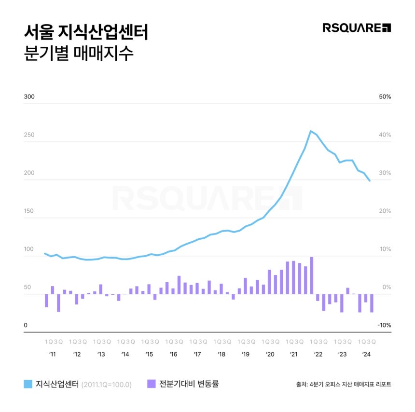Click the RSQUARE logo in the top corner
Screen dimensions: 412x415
[x=357, y=27]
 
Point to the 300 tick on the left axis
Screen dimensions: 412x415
[x=29, y=97]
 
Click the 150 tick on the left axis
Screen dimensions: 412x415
[x=29, y=211]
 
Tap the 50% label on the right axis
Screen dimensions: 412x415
[x=385, y=97]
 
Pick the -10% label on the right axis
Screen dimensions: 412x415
[x=384, y=326]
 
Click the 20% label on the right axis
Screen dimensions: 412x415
[x=385, y=211]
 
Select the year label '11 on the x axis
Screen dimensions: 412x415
[x=53, y=354]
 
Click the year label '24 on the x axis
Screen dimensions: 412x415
[x=366, y=354]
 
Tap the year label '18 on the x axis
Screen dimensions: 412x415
[x=221, y=354]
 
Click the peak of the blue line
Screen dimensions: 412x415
[x=311, y=131]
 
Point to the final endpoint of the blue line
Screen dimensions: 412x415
[x=370, y=181]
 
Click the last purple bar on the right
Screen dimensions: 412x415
[x=372, y=303]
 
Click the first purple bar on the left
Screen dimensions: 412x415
[x=46, y=301]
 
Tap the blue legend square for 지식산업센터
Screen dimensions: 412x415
[x=28, y=384]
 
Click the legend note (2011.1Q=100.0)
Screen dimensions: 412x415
[x=106, y=385]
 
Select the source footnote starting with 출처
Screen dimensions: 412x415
[x=343, y=385]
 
